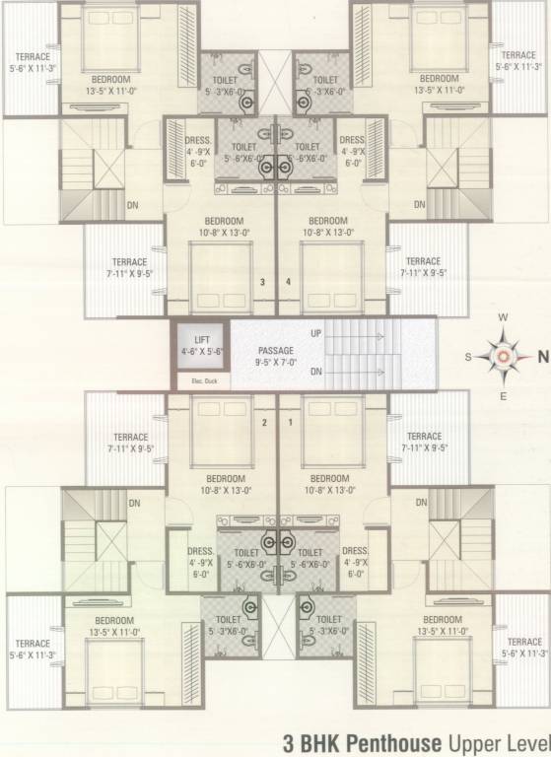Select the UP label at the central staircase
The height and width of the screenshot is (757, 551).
tap(316, 333)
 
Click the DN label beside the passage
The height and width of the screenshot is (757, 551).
tap(316, 372)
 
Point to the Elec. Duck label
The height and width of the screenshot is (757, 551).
tap(190, 380)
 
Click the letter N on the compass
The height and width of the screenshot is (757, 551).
tap(541, 359)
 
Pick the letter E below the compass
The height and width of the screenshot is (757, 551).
tap(503, 397)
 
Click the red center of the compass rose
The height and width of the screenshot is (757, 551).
tap(503, 358)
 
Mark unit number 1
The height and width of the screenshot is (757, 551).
tap(290, 423)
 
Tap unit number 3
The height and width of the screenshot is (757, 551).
tap(262, 282)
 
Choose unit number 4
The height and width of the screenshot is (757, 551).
tap(289, 282)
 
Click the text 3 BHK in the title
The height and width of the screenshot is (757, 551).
tap(314, 741)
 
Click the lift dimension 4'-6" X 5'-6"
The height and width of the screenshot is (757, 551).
tap(203, 350)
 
